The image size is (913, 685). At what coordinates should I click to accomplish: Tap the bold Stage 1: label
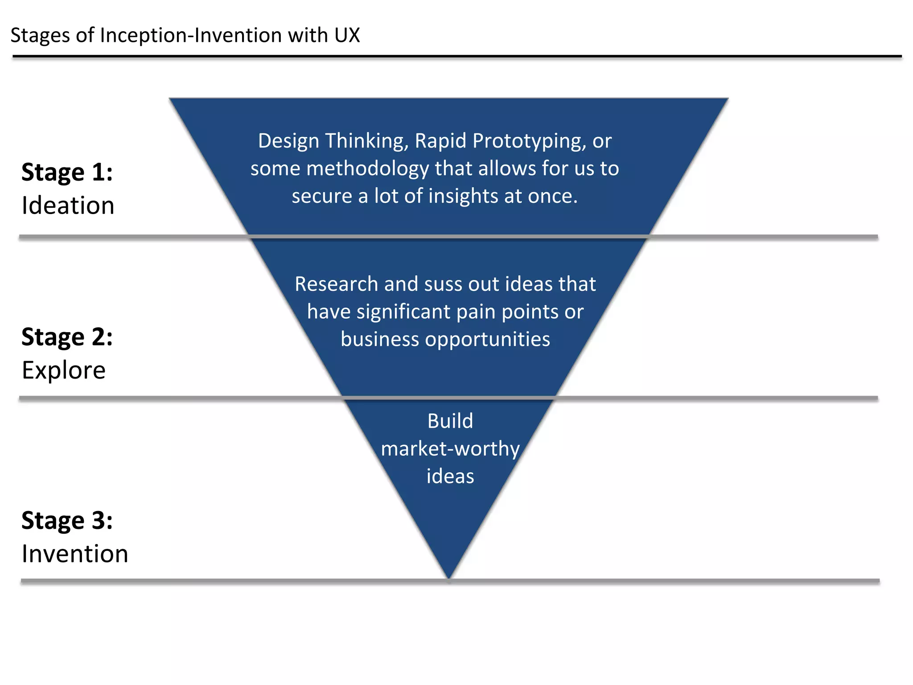pyautogui.click(x=67, y=173)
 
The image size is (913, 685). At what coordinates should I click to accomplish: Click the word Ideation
pyautogui.click(x=68, y=206)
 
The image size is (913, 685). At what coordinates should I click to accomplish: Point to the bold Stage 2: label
pyautogui.click(x=67, y=337)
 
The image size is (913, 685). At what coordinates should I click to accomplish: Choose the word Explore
pyautogui.click(x=64, y=371)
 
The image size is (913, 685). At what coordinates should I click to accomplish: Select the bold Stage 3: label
pyautogui.click(x=67, y=520)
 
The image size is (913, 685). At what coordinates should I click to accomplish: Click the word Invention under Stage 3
pyautogui.click(x=75, y=554)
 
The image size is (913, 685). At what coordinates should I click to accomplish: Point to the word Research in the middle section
pyautogui.click(x=337, y=284)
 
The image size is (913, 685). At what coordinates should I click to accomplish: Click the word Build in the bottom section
pyautogui.click(x=450, y=421)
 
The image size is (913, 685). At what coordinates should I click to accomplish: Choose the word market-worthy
pyautogui.click(x=450, y=449)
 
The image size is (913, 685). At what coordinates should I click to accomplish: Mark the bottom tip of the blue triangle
pyautogui.click(x=449, y=578)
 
